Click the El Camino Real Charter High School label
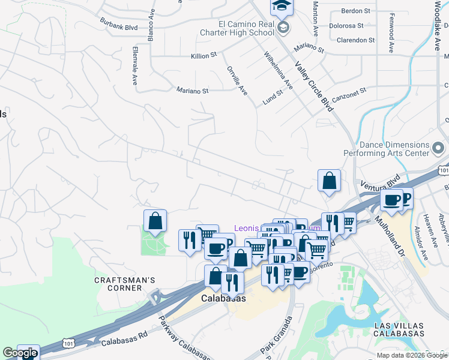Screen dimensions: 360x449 (238, 29)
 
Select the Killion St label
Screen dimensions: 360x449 (203, 55)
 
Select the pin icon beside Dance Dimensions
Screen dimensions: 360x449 (439, 146)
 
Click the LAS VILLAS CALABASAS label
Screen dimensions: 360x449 (399, 329)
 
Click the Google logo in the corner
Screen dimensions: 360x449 (20, 353)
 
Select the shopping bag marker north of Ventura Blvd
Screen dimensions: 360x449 (329, 181)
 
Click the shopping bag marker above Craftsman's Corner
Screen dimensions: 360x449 (155, 221)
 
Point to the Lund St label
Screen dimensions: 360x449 (273, 98)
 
